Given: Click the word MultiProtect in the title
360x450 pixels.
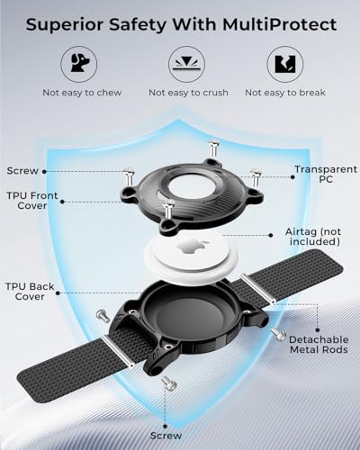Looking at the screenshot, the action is [x=279, y=24].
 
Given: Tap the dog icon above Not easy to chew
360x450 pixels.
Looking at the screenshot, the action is [x=79, y=63].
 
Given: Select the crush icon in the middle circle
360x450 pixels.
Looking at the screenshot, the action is [x=186, y=64].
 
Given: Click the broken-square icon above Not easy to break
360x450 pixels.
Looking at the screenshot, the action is [x=285, y=64].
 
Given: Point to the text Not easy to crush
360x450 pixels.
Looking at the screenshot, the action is [x=188, y=93].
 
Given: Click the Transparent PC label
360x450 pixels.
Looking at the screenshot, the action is [x=326, y=175].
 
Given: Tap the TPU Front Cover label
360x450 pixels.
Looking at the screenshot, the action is [x=32, y=201].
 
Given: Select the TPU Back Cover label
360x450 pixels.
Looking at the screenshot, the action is [x=30, y=292].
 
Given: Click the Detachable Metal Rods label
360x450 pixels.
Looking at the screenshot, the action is [x=319, y=345].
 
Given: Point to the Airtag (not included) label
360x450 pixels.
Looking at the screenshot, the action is [x=313, y=237].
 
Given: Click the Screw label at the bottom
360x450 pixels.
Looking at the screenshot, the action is [x=166, y=436].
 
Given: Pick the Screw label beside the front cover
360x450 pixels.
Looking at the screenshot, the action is [x=22, y=171].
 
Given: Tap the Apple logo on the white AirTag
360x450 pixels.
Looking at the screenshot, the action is [x=189, y=247].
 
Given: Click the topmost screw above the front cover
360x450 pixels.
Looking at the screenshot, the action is [x=213, y=148].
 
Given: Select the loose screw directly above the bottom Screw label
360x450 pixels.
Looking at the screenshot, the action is [x=169, y=383].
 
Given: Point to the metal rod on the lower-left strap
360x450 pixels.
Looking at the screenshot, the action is [x=117, y=351].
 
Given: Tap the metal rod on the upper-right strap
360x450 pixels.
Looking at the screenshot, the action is [x=258, y=289].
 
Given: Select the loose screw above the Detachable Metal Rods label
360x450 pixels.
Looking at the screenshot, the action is [x=278, y=334].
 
